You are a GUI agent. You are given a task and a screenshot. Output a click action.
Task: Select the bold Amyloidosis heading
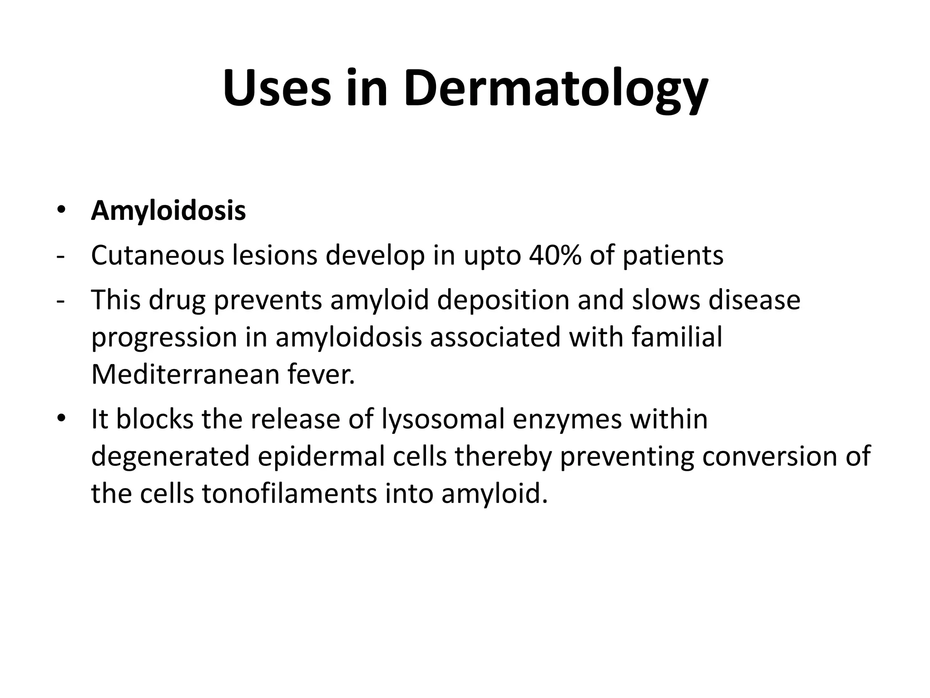(x=168, y=211)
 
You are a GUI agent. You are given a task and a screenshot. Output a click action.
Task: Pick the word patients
(x=673, y=256)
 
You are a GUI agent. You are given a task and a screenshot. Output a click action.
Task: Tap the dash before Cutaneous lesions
(x=60, y=256)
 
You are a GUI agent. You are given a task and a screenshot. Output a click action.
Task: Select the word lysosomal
(x=443, y=419)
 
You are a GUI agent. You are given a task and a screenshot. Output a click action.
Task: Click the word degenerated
(x=170, y=457)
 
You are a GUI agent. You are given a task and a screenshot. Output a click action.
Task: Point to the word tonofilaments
(x=289, y=493)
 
